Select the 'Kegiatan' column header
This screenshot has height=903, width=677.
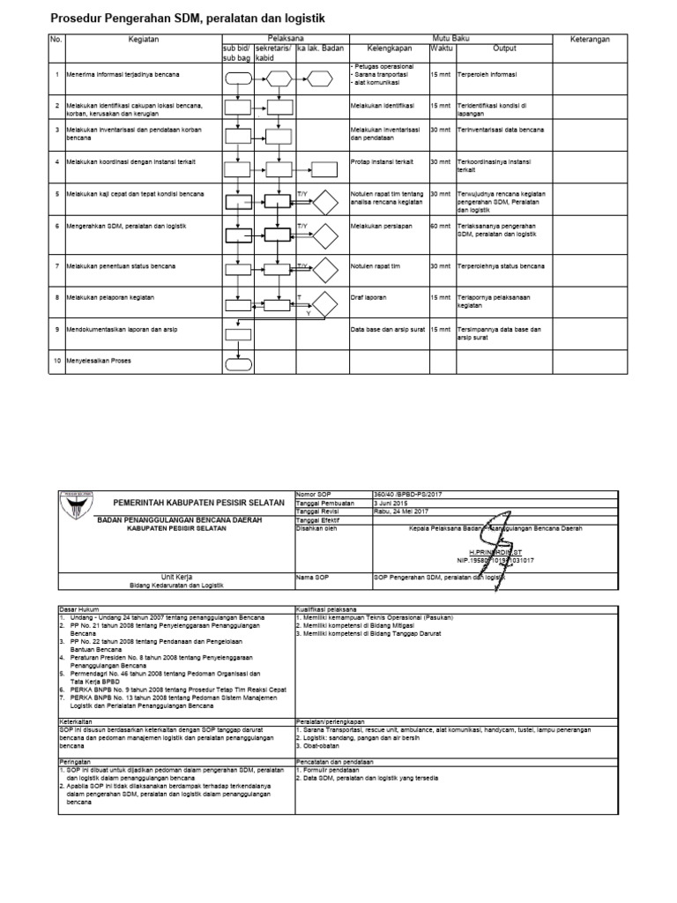(x=142, y=40)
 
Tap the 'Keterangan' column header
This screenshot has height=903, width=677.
(x=590, y=40)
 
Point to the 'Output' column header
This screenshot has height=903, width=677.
(x=504, y=49)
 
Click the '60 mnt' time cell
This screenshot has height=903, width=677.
(x=440, y=226)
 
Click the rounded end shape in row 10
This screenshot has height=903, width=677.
(x=239, y=362)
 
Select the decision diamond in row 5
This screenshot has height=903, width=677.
(x=323, y=202)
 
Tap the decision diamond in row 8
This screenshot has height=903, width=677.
(x=323, y=306)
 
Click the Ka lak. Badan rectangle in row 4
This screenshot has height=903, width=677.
(x=323, y=170)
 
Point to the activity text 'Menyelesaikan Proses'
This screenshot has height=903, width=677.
(x=97, y=362)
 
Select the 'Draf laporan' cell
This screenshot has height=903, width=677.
(x=369, y=297)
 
